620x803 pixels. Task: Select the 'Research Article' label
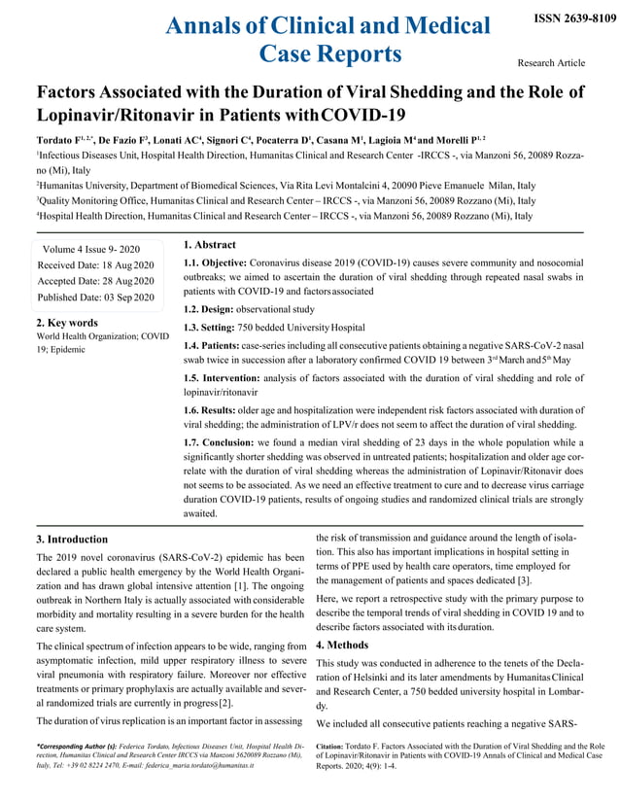pyautogui.click(x=551, y=63)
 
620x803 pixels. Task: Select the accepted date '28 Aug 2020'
pyautogui.click(x=129, y=280)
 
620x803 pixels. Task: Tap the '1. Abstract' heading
pyautogui.click(x=209, y=245)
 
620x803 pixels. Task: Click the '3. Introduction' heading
pyautogui.click(x=72, y=539)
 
